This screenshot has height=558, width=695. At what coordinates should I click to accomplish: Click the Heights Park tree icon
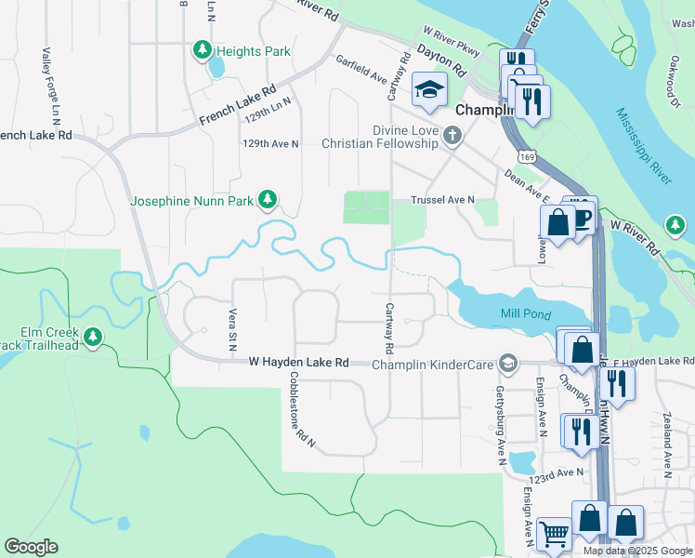[x=201, y=52]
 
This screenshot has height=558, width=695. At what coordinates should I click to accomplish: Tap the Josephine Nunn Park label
[x=191, y=200]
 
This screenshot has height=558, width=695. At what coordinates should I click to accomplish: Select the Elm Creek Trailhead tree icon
[x=92, y=336]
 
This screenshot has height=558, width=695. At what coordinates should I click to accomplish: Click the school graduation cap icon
[x=430, y=90]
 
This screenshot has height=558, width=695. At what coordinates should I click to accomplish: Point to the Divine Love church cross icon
[x=452, y=138]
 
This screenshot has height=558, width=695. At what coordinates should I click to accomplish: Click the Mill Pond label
[x=527, y=314]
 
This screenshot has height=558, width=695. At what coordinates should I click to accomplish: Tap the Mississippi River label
[x=643, y=145]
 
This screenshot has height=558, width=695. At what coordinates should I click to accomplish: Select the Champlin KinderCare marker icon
[x=507, y=363]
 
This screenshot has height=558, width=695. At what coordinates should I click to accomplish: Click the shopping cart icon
[x=554, y=535]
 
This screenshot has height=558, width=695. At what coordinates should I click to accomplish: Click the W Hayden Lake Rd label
[x=298, y=363]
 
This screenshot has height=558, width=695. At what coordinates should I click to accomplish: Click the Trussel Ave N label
[x=443, y=200]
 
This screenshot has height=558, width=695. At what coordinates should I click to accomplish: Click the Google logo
[x=32, y=547]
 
